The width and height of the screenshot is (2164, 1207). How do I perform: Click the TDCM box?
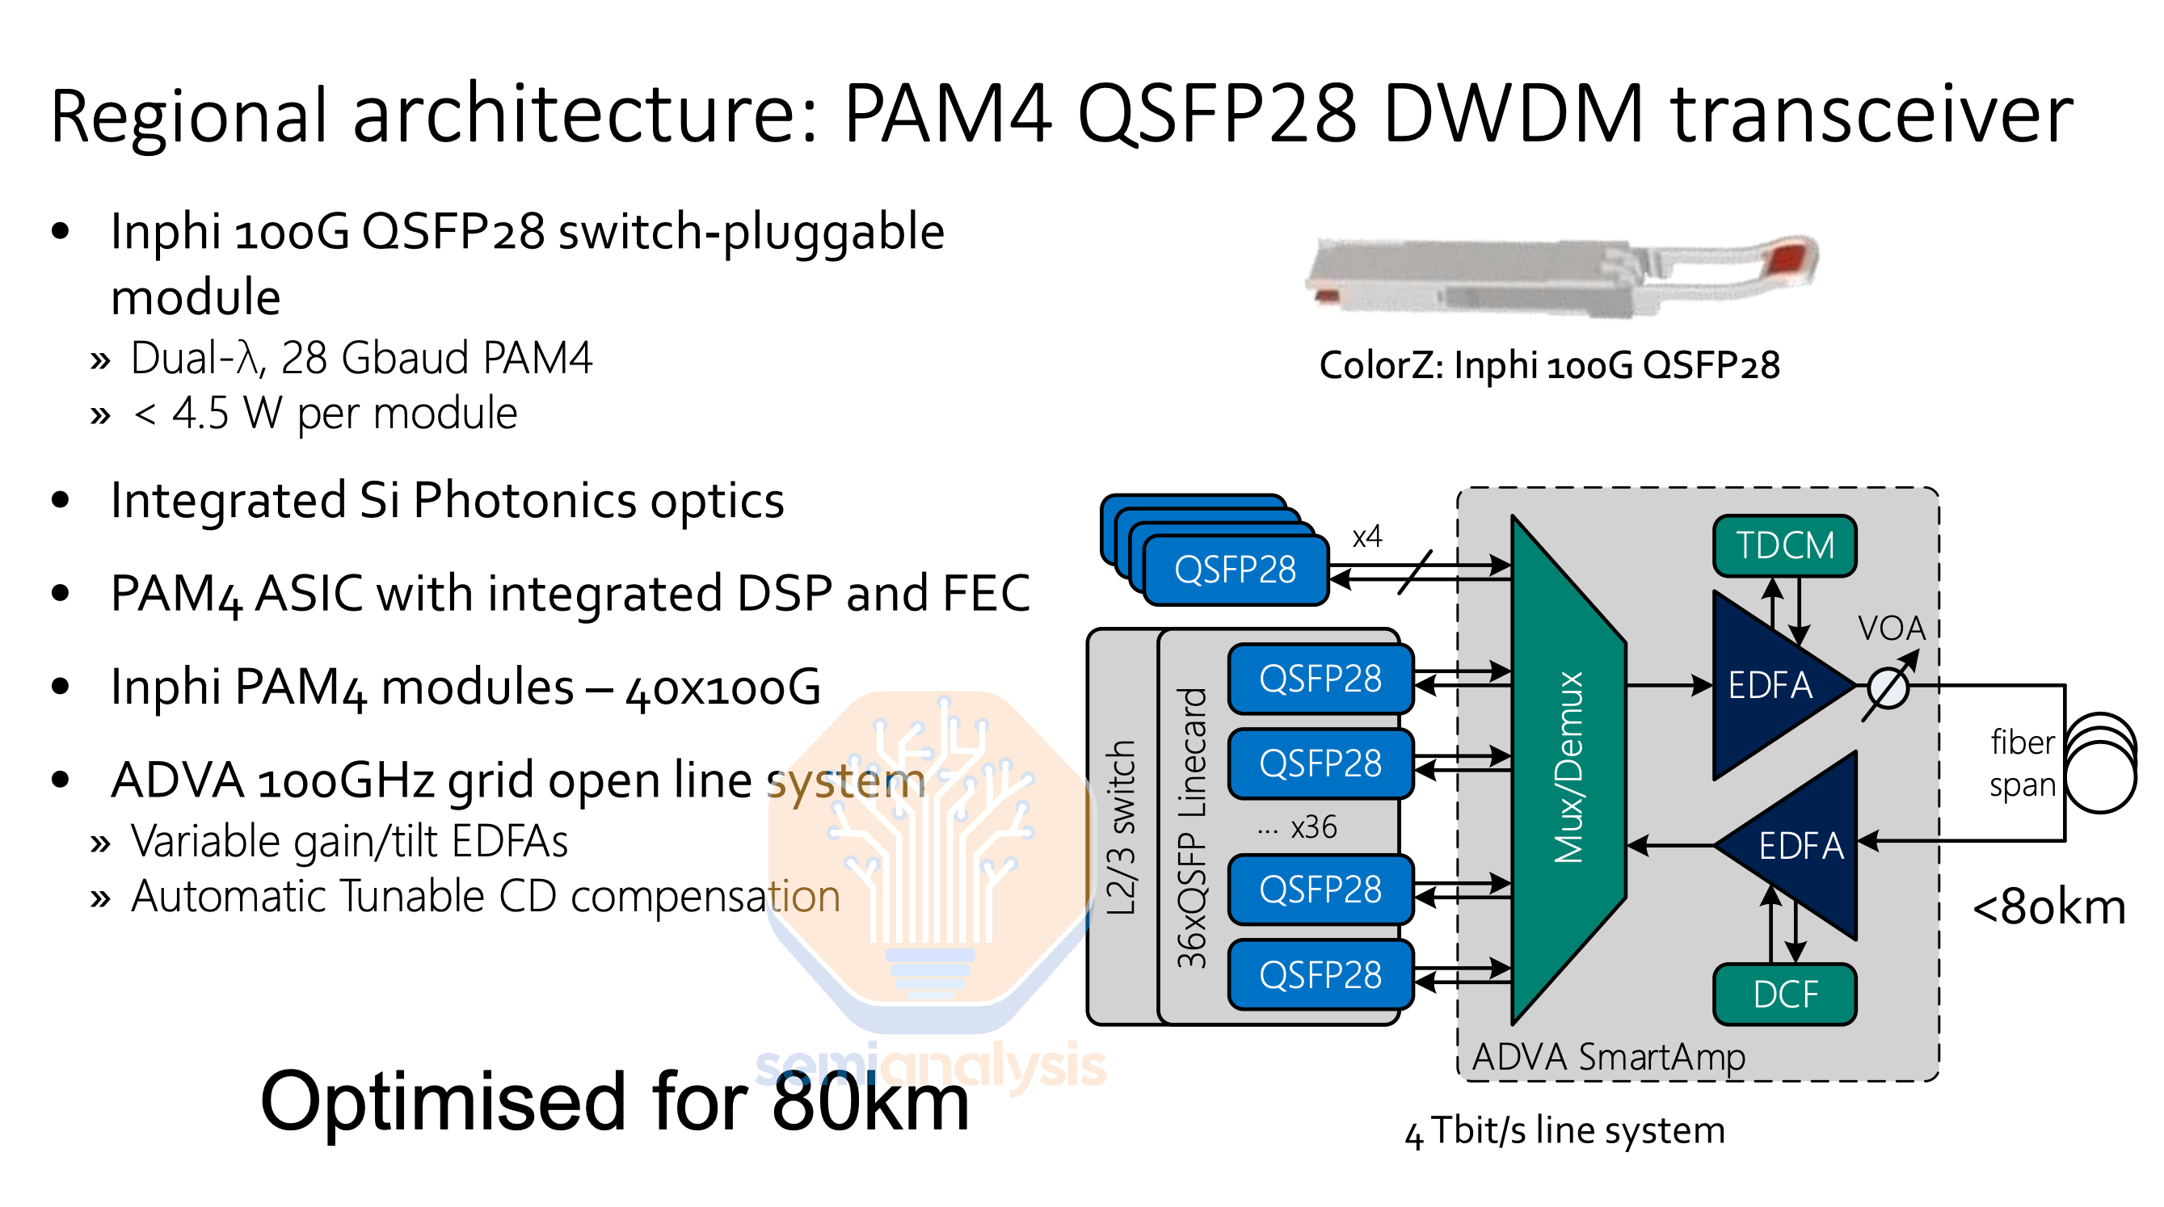click(1783, 546)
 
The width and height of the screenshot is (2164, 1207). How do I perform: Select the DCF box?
click(1783, 995)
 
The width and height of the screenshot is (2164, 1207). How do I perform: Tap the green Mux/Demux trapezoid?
click(1568, 768)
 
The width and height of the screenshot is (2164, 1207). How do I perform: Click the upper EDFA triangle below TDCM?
click(1768, 684)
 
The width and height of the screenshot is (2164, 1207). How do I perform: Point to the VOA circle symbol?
click(1888, 690)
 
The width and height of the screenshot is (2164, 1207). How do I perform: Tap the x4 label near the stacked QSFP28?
click(1366, 536)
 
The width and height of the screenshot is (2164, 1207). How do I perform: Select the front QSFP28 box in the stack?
click(1235, 570)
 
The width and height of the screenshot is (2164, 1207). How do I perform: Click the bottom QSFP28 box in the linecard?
click(1320, 975)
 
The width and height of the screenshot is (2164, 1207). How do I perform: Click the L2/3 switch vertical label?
click(1121, 827)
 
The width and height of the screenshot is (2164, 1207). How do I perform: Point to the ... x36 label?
click(1297, 827)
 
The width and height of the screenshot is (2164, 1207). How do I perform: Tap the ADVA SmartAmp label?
click(1608, 1056)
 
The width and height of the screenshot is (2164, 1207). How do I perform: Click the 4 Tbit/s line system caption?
click(1564, 1130)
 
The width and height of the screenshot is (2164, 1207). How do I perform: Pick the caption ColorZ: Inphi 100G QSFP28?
click(1548, 365)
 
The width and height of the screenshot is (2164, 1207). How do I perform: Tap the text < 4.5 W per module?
click(325, 414)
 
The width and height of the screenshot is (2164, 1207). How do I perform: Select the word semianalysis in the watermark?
click(930, 1065)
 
